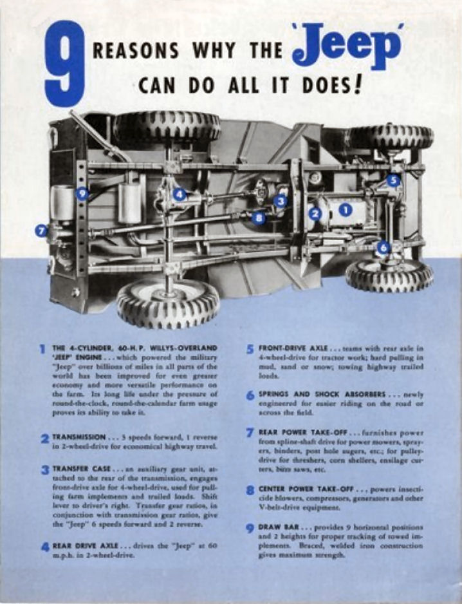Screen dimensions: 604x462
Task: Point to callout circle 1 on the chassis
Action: (346, 209)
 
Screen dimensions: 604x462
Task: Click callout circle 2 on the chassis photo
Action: (315, 214)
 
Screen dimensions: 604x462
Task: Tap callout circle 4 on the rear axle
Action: (180, 194)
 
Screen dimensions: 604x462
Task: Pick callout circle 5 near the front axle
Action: (393, 181)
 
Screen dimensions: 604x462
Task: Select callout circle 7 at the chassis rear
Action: (42, 230)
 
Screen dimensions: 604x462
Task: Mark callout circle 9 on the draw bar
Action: (82, 193)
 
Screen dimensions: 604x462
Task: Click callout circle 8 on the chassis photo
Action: (259, 218)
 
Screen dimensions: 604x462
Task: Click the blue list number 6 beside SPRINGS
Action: (250, 395)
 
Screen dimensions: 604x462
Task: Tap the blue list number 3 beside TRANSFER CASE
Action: (45, 470)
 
